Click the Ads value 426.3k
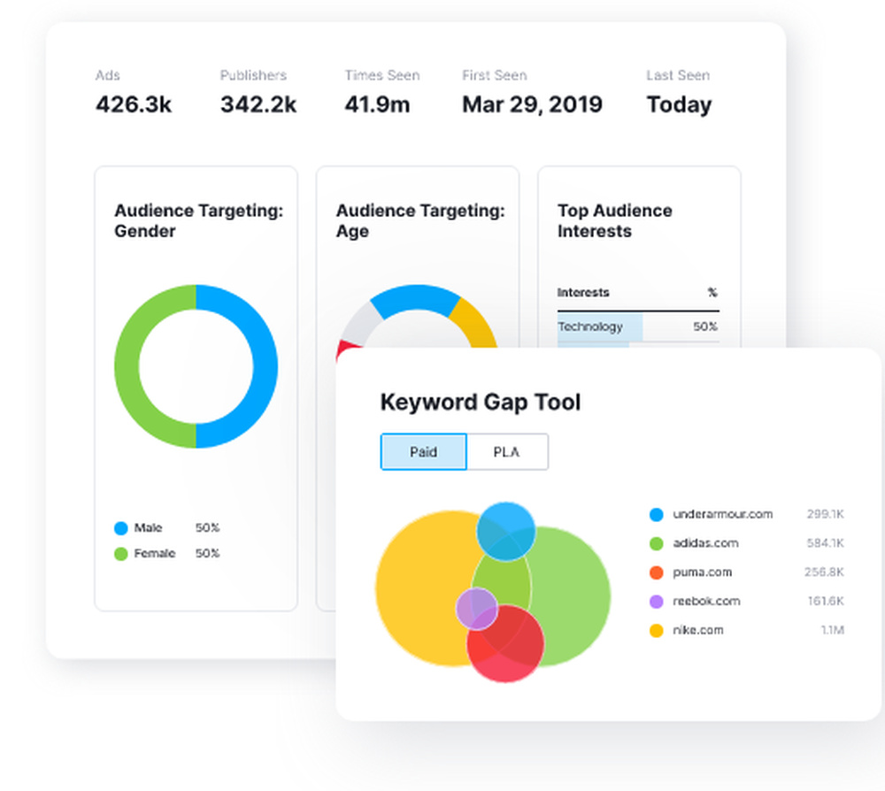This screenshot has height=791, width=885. [x=133, y=104]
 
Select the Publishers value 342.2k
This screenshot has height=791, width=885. [x=258, y=104]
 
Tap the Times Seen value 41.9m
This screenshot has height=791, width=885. [x=377, y=104]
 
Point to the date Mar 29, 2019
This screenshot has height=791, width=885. [x=532, y=104]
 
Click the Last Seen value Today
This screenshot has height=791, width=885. [x=679, y=104]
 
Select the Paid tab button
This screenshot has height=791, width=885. [x=423, y=452]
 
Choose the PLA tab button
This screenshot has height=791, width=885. [x=506, y=452]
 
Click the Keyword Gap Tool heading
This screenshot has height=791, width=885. [x=480, y=403]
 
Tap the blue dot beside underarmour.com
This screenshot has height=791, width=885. [x=656, y=514]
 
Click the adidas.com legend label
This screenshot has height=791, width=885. [x=705, y=543]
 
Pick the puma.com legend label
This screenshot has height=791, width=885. [x=702, y=572]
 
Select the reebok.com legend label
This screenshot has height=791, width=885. [x=705, y=602]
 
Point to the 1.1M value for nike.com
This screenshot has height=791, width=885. [x=831, y=631]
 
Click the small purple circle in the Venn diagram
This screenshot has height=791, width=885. [x=476, y=609]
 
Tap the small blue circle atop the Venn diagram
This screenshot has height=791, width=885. [x=505, y=530]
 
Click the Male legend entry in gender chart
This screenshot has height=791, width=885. [x=148, y=528]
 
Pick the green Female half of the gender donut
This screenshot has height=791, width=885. [x=127, y=366]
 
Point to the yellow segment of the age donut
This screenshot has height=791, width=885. [x=473, y=319]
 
